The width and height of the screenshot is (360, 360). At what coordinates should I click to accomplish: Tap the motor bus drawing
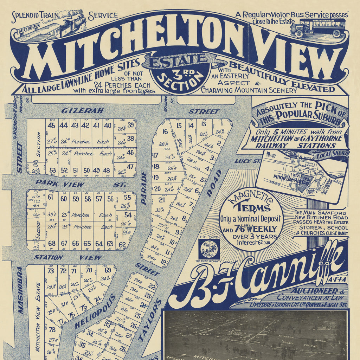point(317,28)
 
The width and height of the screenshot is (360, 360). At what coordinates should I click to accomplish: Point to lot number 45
point(52,125)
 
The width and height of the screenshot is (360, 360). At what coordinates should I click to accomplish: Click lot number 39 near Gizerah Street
point(131,125)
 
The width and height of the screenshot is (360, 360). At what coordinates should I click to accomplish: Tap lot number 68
point(52,243)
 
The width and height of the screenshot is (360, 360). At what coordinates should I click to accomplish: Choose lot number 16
point(165,132)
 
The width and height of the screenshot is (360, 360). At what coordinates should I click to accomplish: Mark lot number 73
point(51,271)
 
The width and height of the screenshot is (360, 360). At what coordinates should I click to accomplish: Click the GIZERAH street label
point(83,111)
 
